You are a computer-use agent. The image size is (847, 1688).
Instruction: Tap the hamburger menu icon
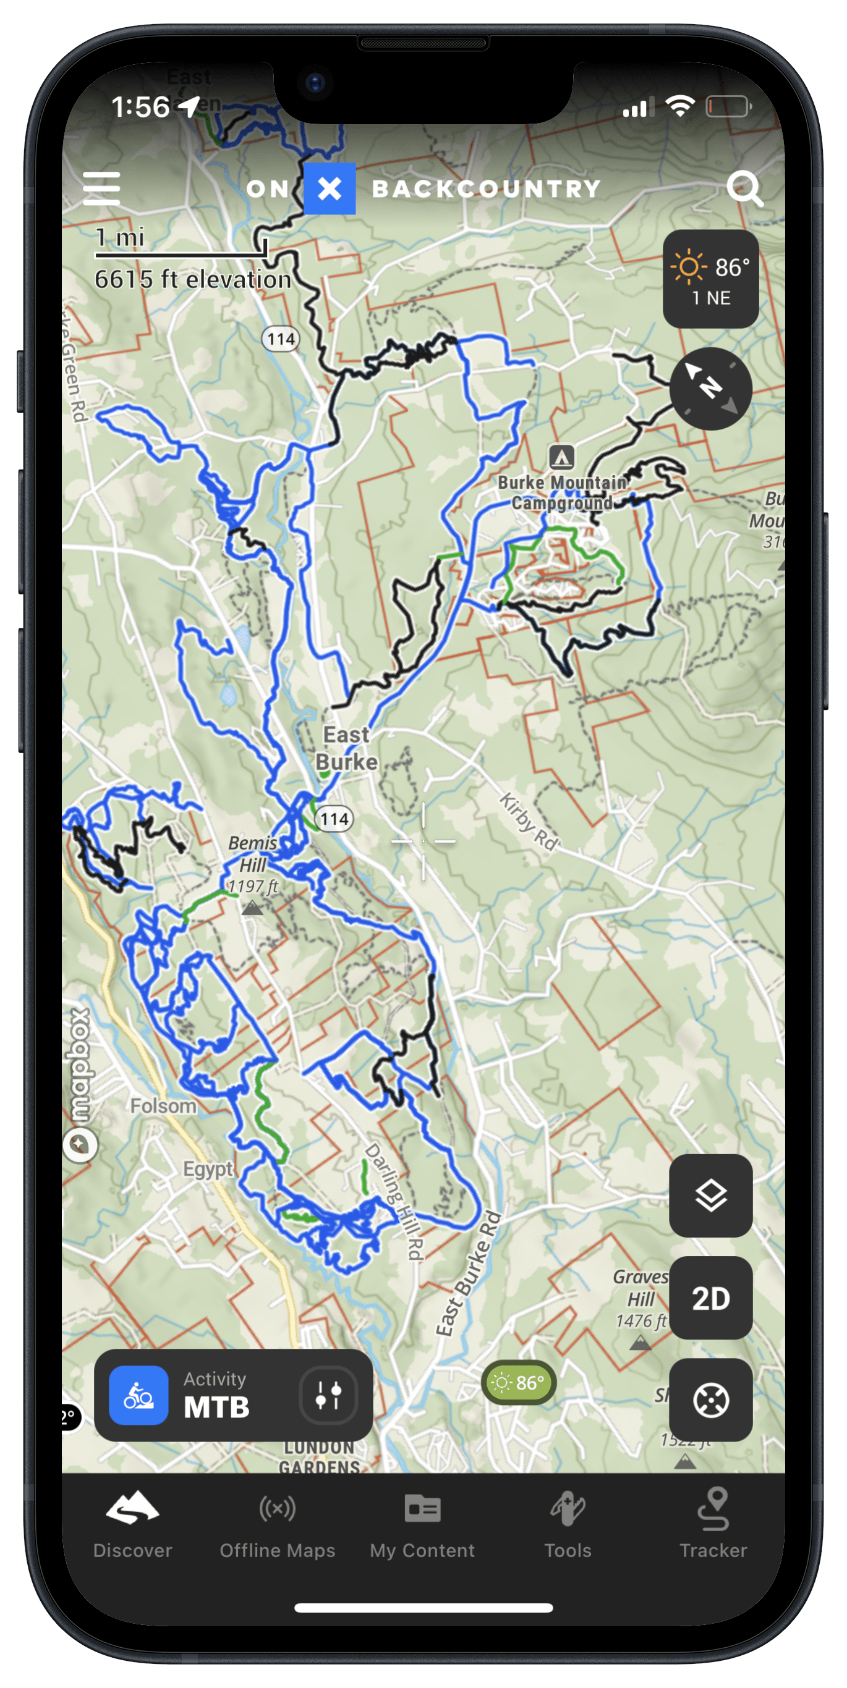coord(101,188)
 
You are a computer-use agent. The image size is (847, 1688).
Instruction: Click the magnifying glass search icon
coord(745,188)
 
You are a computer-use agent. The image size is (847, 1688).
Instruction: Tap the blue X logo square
coord(330,188)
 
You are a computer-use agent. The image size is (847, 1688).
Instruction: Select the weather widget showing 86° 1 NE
coord(710,279)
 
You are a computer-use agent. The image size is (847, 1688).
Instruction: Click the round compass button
coord(710,389)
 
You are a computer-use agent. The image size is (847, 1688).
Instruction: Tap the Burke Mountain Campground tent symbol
coord(562,457)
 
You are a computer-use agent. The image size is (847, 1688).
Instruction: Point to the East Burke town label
coord(347,748)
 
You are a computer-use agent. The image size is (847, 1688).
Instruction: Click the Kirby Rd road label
coord(529,822)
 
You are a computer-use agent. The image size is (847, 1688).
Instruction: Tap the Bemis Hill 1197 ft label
coord(253,864)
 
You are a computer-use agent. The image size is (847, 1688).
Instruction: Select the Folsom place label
coord(163,1106)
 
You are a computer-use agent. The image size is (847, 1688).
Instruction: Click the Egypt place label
coord(208,1169)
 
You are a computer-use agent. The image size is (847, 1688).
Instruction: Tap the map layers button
coord(710,1197)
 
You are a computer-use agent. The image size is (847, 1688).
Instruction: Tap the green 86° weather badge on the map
coord(519,1383)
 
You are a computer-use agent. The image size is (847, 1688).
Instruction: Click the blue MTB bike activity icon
coord(138,1396)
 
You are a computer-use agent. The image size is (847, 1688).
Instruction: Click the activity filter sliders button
coord(328,1396)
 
